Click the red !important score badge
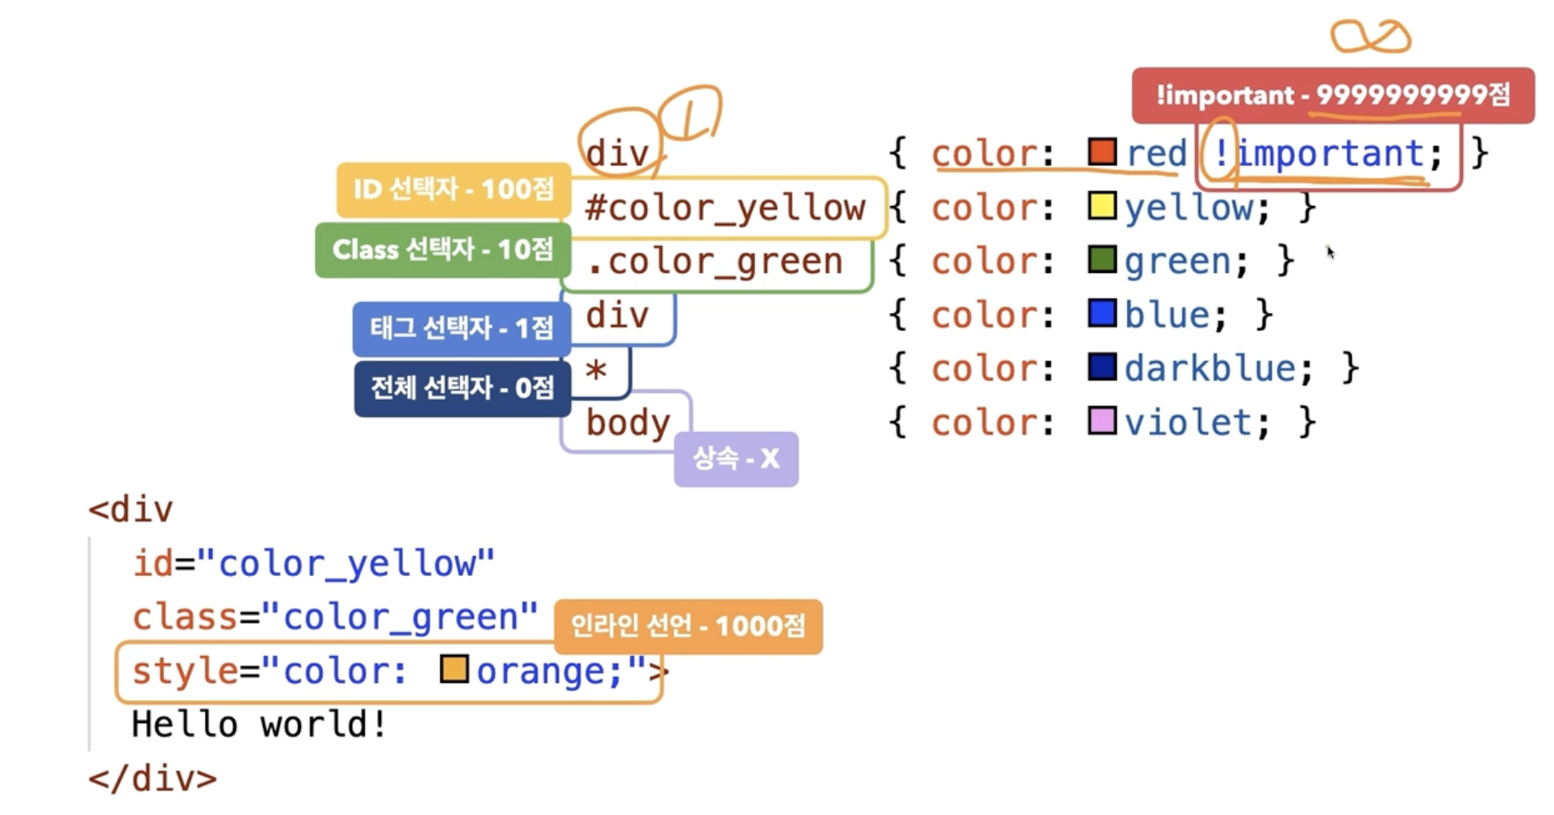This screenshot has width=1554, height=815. tap(1332, 95)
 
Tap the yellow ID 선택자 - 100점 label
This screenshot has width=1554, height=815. tap(453, 189)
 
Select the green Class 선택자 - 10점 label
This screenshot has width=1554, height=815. tap(442, 250)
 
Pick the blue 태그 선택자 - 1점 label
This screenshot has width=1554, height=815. tap(461, 328)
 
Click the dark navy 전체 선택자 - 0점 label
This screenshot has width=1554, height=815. tap(462, 389)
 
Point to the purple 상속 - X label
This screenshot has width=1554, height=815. tap(735, 459)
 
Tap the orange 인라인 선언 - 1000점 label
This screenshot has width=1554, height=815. tap(688, 627)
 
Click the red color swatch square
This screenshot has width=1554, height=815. tap(1102, 152)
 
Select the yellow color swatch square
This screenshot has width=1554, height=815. tap(1102, 207)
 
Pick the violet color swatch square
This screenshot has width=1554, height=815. tap(1102, 421)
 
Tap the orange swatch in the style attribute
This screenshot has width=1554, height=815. tap(454, 670)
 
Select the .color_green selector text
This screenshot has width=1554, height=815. tap(714, 262)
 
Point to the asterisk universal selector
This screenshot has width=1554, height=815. tap(596, 371)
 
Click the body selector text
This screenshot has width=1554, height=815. tap(627, 423)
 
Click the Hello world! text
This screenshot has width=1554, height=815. tap(259, 725)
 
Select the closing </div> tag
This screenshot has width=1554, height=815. tap(153, 779)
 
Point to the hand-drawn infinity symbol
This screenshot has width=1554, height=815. tap(1370, 37)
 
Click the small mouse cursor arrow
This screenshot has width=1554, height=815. tap(1330, 252)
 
